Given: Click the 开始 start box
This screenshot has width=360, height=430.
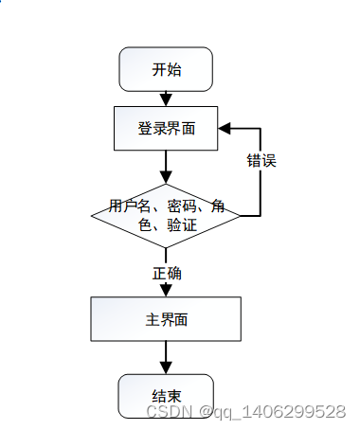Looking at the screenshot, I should click(166, 69).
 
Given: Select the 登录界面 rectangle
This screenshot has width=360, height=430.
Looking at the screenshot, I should click(166, 128).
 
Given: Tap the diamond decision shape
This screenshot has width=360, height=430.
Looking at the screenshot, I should click(166, 215).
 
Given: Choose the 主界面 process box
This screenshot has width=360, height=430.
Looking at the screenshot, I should click(166, 319).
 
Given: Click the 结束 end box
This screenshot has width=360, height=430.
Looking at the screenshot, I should click(166, 395).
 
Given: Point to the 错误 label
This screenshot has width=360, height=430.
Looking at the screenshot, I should click(261, 160).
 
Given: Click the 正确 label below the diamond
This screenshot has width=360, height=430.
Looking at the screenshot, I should click(167, 273).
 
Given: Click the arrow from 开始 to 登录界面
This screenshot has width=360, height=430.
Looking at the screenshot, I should click(166, 98).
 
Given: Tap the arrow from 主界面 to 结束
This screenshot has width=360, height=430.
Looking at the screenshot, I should click(166, 357).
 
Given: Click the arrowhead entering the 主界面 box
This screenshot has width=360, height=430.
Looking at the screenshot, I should click(166, 291).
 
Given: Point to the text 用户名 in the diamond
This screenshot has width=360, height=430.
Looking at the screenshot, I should click(128, 206).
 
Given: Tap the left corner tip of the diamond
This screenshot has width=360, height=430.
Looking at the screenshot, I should click(92, 216).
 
